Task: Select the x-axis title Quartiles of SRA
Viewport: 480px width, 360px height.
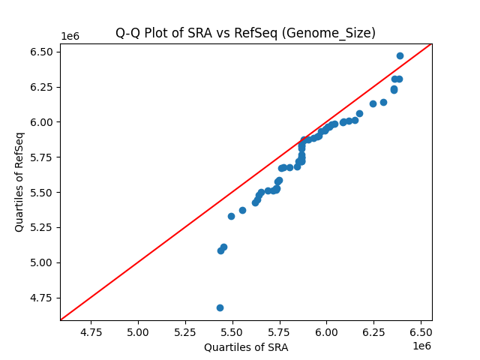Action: [x=246, y=347]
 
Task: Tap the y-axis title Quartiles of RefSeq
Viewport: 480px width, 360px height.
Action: [x=19, y=181]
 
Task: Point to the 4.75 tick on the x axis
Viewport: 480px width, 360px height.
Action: [x=91, y=331]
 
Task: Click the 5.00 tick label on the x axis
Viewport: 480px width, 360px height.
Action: [x=139, y=331]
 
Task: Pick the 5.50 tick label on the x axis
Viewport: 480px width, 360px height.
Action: [x=232, y=331]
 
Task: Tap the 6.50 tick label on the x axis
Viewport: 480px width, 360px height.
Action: [x=421, y=331]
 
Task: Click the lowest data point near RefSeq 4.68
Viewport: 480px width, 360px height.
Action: [x=220, y=307]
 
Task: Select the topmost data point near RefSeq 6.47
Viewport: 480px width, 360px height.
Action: [x=400, y=55]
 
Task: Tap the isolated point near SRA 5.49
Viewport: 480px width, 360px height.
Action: [x=231, y=216]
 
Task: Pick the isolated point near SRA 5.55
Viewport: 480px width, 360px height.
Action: [x=242, y=210]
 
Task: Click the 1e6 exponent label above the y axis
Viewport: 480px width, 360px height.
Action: [x=70, y=37]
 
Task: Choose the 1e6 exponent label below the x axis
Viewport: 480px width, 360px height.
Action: [x=421, y=346]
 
